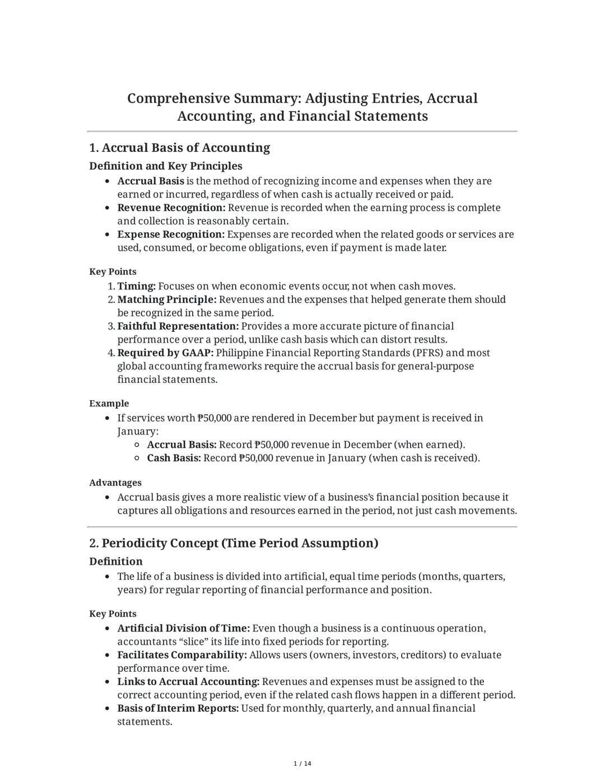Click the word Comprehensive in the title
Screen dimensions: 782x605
(178, 99)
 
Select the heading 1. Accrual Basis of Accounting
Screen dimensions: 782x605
(179, 148)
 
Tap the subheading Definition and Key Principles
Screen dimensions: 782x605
(165, 166)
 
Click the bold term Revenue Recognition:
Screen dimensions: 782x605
(171, 208)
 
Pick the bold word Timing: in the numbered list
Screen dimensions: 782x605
(136, 287)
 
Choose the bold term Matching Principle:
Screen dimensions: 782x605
(166, 300)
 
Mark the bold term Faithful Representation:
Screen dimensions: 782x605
(178, 326)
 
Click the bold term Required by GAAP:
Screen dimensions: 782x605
(165, 353)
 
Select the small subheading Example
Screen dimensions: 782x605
(109, 404)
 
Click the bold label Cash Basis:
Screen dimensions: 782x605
(174, 458)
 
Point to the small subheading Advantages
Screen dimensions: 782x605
(115, 483)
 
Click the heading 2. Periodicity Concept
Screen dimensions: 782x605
(234, 544)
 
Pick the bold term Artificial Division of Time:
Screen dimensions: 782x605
(183, 629)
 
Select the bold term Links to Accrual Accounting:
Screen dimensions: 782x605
(188, 682)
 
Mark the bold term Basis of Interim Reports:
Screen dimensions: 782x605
(178, 709)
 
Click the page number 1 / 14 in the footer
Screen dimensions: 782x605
(302, 764)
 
